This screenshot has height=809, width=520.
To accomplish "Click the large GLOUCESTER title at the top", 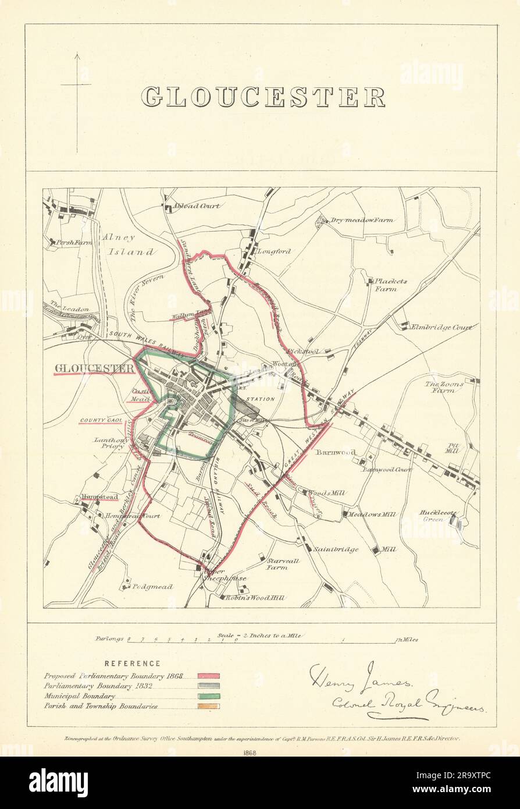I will coord(263,97).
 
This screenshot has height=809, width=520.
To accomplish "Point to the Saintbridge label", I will coord(336,549).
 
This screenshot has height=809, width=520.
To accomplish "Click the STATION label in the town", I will coord(260,399).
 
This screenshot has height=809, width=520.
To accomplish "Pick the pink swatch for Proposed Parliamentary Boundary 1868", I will coord(208,676).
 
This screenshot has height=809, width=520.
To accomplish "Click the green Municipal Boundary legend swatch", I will coord(208,696).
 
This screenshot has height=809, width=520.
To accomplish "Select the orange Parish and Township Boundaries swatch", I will coord(208,707).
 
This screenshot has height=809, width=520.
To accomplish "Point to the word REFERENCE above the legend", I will coord(132,663).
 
